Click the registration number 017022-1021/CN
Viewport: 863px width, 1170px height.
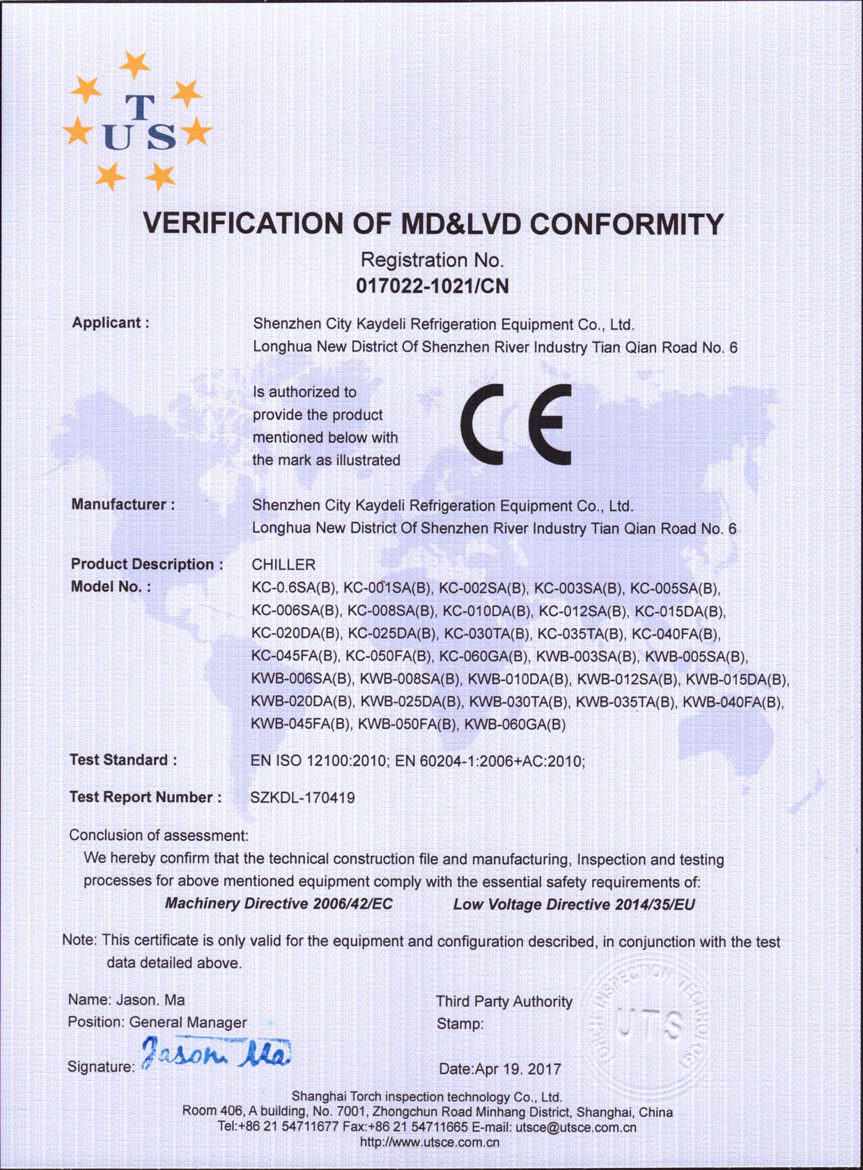432,286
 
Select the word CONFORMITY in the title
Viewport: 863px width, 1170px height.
627,224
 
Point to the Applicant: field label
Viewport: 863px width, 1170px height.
110,323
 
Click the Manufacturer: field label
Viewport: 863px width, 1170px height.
123,504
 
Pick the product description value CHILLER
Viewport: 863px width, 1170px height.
283,564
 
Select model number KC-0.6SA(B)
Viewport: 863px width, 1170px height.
294,588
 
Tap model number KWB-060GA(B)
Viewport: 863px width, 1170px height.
515,724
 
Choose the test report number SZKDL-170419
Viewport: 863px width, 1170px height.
302,798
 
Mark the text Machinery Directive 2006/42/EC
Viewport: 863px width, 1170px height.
279,904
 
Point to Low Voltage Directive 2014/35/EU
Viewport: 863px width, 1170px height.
574,905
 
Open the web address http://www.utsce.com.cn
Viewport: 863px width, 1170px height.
430,1142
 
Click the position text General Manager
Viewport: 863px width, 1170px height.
188,1022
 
